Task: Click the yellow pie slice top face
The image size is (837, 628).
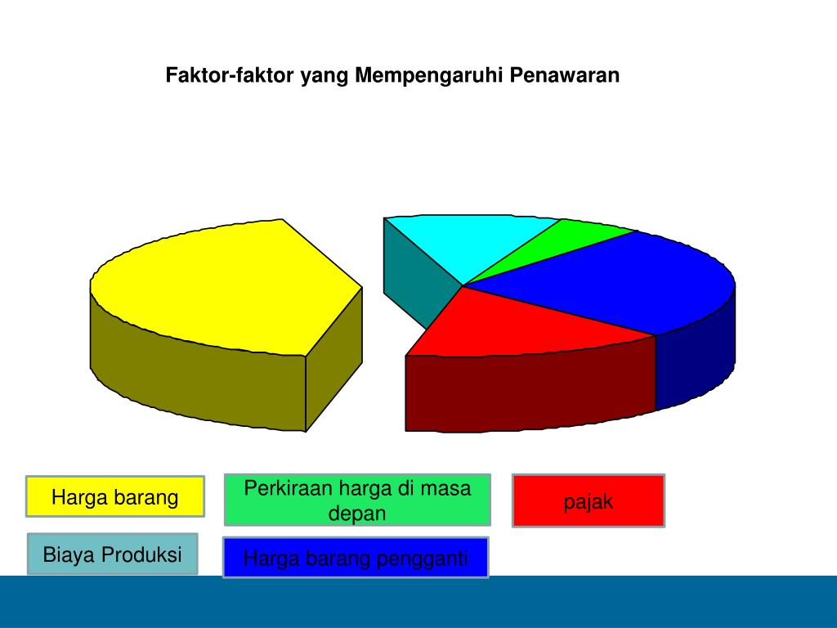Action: click(x=221, y=286)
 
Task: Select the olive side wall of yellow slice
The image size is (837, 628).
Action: click(x=196, y=376)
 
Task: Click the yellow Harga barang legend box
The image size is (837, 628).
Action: click(x=114, y=496)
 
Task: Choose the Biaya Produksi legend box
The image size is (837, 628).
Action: click(x=112, y=554)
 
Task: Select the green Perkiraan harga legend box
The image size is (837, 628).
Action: click(x=357, y=500)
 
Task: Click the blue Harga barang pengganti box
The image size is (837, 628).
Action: click(x=356, y=558)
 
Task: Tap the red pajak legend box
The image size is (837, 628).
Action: click(x=589, y=501)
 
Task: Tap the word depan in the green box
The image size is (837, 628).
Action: click(x=357, y=514)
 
